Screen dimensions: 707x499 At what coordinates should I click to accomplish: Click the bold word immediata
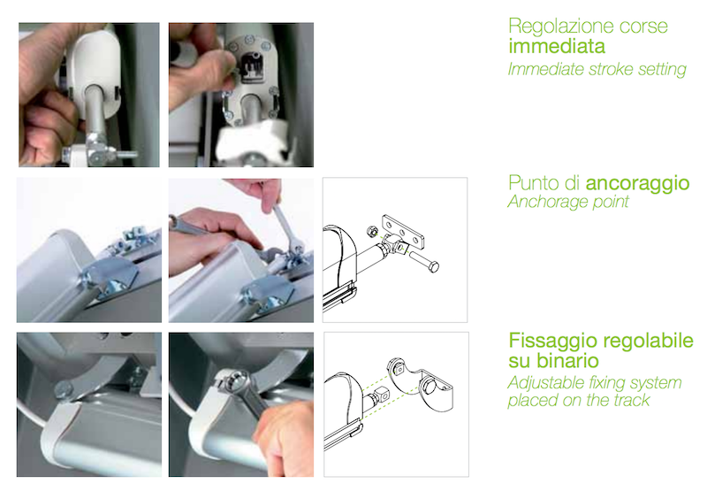[x=557, y=47]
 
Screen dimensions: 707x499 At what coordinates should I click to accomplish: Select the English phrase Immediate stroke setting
[x=597, y=69]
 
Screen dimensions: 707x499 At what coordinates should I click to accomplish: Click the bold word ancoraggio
[x=637, y=183]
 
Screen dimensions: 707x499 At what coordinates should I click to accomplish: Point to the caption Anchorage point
[x=568, y=202]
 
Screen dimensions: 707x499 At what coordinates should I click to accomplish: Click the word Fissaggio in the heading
[x=554, y=341]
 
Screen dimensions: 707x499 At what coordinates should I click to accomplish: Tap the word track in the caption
[x=629, y=400]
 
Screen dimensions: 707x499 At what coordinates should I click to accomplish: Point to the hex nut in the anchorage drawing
[x=372, y=232]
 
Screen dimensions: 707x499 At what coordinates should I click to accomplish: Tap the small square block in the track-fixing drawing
[x=383, y=395]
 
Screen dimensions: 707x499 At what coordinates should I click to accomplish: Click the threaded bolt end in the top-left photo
[x=128, y=155]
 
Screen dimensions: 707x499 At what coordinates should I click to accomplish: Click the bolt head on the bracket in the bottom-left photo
[x=63, y=389]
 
